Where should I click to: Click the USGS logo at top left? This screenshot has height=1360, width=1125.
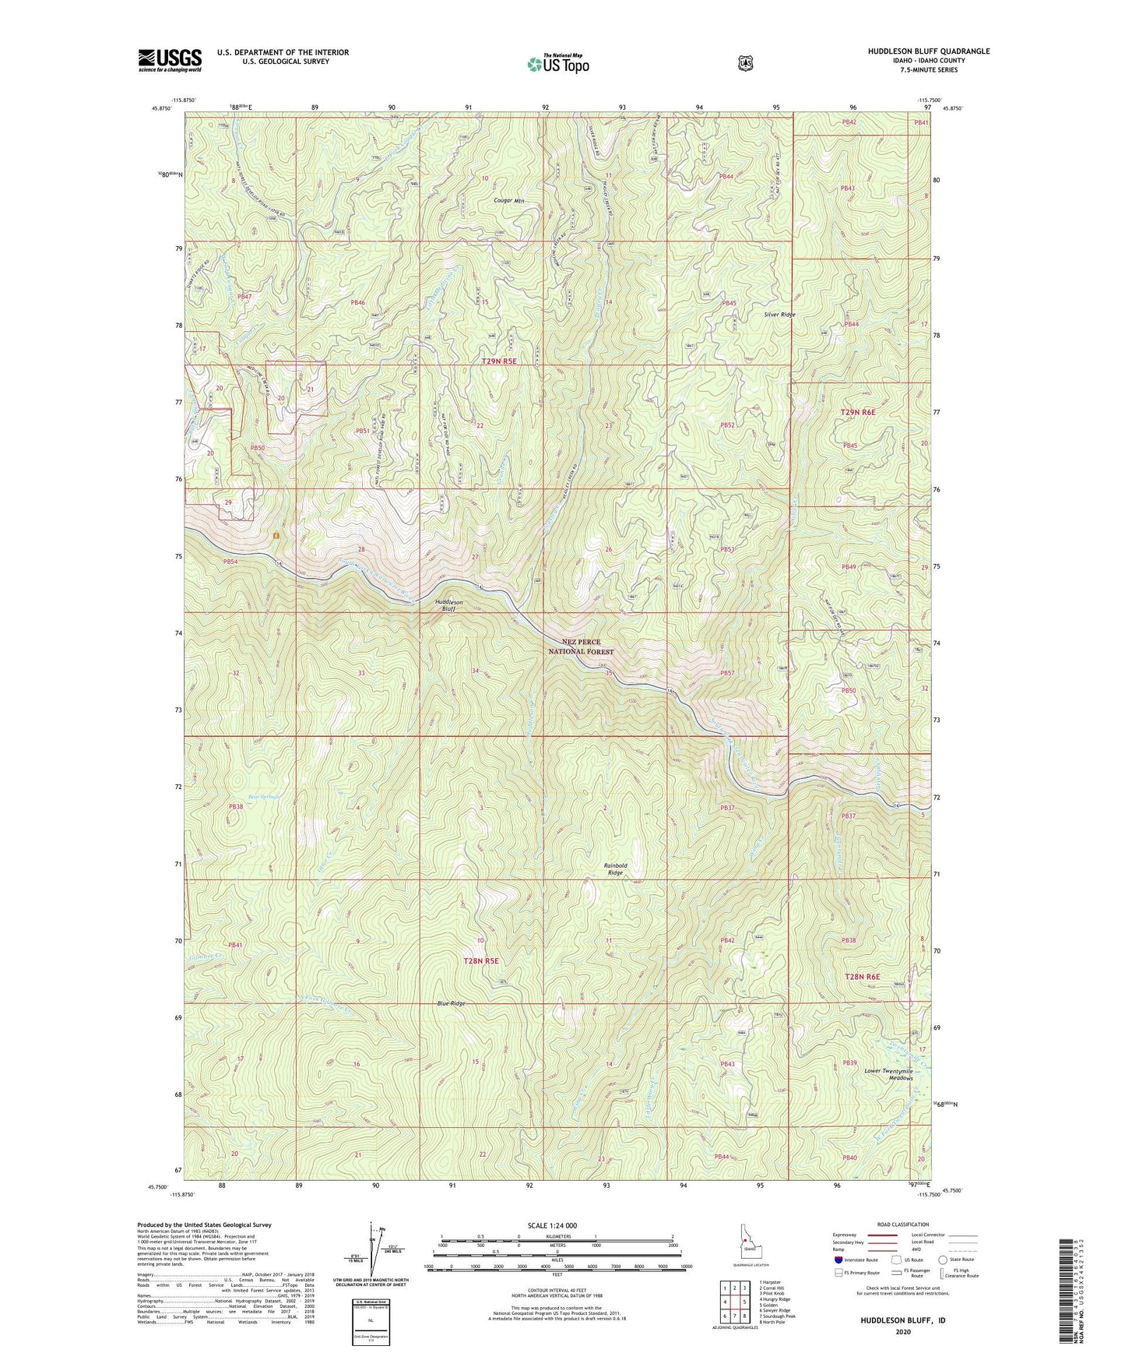click(170, 60)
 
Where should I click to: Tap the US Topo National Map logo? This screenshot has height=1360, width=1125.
click(557, 64)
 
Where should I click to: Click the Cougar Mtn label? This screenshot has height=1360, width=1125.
click(509, 200)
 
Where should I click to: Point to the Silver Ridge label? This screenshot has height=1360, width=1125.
click(779, 315)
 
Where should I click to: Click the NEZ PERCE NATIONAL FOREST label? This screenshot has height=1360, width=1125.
click(581, 647)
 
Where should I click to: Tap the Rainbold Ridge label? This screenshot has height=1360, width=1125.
click(615, 869)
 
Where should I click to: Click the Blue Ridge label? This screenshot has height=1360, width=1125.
click(451, 1003)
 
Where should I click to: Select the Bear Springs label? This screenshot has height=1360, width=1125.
click(242, 796)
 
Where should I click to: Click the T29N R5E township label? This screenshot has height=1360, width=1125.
click(499, 361)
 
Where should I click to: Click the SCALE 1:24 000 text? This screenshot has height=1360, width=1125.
click(552, 1225)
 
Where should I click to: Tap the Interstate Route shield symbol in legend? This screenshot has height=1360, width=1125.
click(838, 1260)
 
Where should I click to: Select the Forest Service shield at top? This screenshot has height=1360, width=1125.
click(745, 63)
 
